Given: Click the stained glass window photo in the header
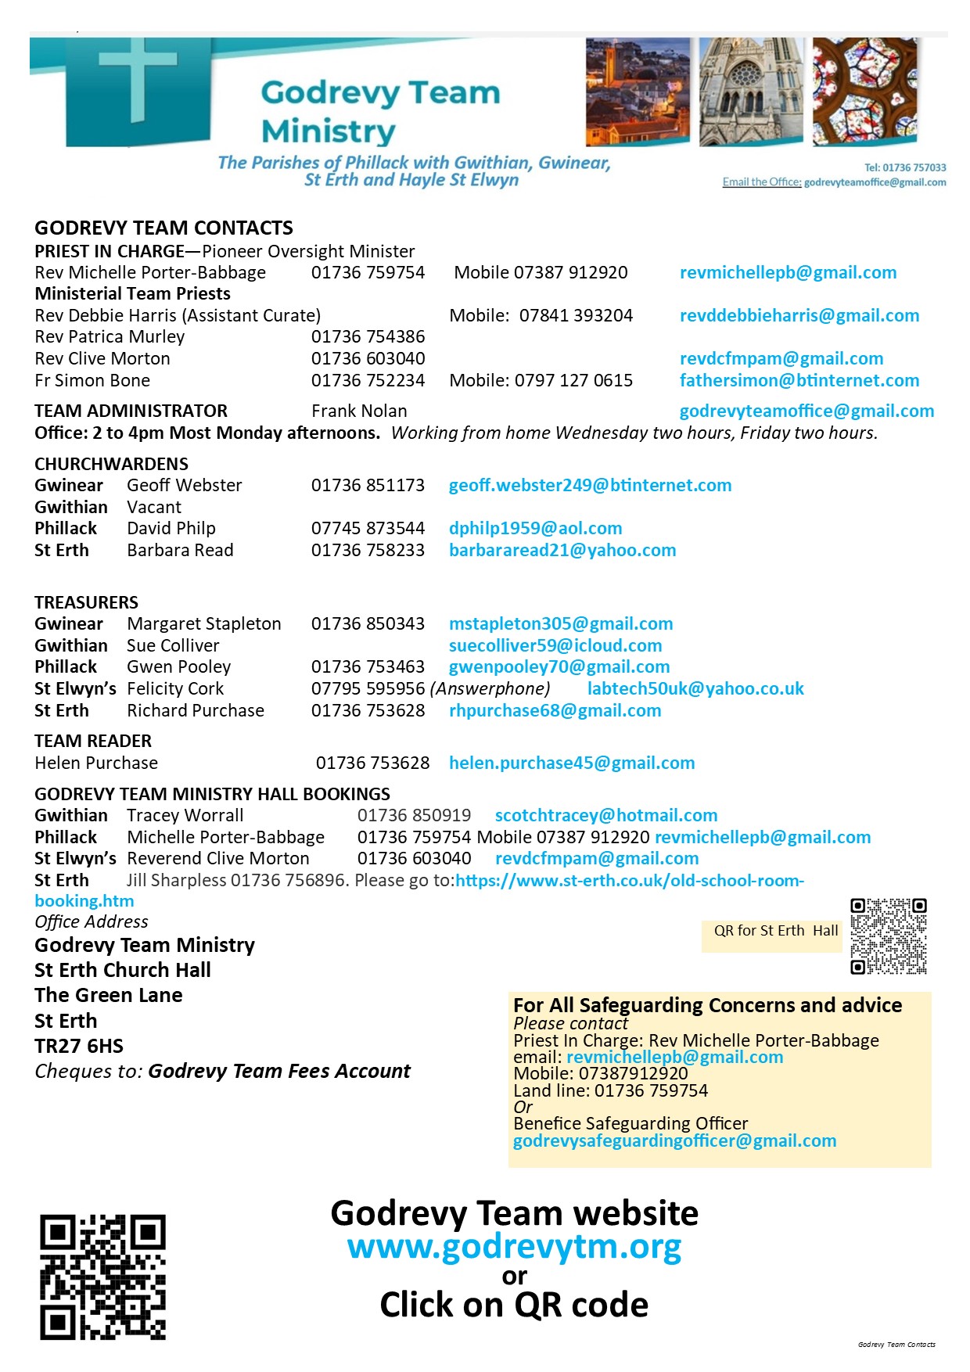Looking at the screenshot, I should (864, 92).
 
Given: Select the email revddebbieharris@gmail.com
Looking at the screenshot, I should (799, 316).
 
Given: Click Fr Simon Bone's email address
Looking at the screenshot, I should (799, 381).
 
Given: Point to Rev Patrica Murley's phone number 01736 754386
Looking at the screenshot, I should (368, 337).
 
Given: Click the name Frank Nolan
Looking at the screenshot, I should (359, 411).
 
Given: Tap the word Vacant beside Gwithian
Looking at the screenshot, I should (154, 508).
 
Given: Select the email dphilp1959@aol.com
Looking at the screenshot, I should (535, 529).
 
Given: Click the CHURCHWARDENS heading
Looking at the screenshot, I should (111, 464).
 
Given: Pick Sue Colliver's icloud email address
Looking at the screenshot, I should (555, 646).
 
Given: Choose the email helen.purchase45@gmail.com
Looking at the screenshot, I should (571, 763).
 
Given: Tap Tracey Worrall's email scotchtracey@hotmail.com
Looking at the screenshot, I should (605, 816).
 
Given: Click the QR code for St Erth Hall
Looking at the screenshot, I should (888, 936).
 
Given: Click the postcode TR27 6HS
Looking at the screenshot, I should (79, 1047).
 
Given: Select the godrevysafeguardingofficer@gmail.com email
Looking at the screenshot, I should (674, 1141).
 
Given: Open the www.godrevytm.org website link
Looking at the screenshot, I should (514, 1248).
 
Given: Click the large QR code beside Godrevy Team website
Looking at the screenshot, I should (102, 1277).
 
